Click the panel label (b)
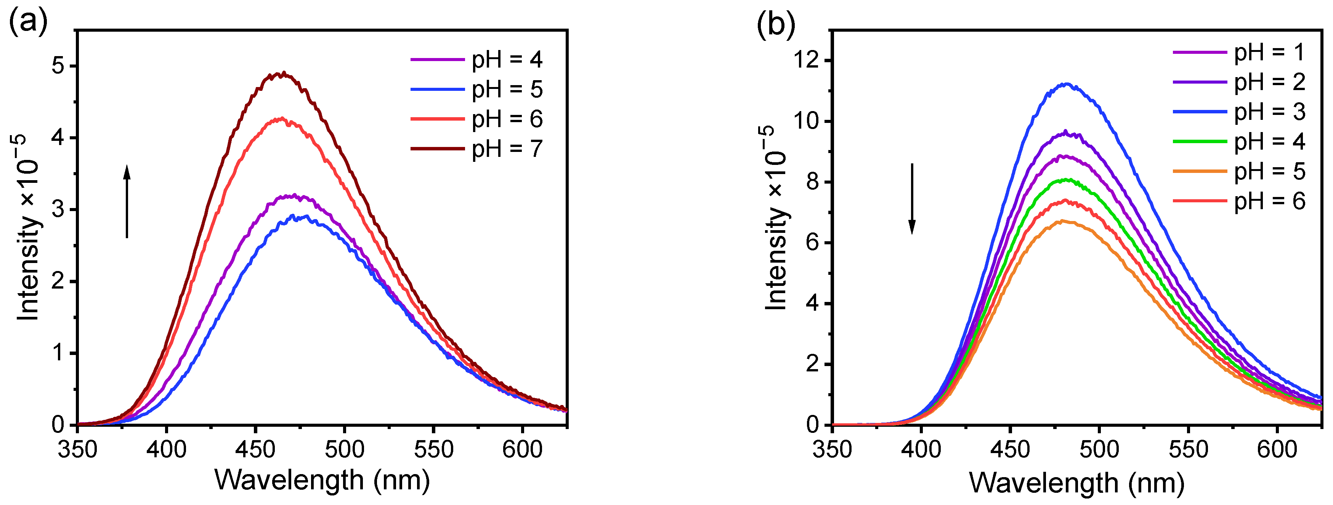click(x=776, y=24)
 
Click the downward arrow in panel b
click(x=912, y=199)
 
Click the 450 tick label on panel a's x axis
click(x=255, y=449)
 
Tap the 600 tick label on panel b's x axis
click(x=1277, y=449)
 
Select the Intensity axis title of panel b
click(x=776, y=218)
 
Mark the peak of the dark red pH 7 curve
click(x=283, y=74)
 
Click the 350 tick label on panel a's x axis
click(x=78, y=449)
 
